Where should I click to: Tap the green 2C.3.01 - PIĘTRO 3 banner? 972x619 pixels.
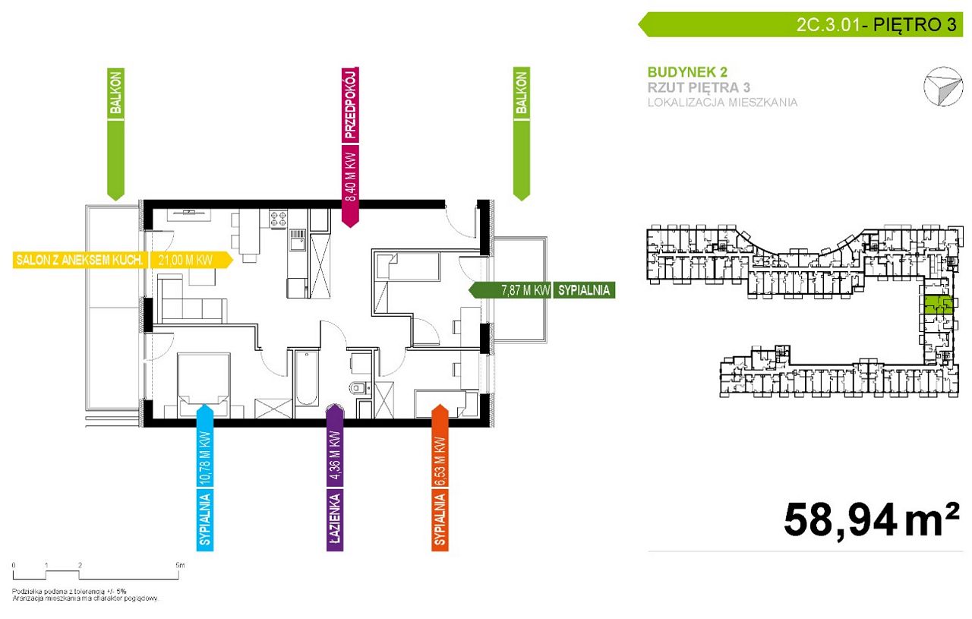[x=800, y=24]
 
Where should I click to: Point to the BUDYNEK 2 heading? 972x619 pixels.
[x=687, y=72]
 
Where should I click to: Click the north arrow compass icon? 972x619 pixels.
[x=943, y=87]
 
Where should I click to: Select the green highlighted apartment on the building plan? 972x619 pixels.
[x=939, y=305]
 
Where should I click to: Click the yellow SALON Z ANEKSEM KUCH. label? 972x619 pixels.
[x=80, y=261]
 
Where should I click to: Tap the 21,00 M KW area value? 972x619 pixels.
[x=186, y=261]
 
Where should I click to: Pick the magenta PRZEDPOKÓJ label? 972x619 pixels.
[x=350, y=105]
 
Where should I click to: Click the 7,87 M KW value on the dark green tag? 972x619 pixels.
[x=525, y=290]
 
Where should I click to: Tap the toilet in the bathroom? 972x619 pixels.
[x=358, y=387]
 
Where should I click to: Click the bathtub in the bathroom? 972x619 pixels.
[x=306, y=377]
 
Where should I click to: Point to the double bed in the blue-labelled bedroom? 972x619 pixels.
[x=204, y=381]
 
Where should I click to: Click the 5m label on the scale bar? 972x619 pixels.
[x=180, y=565]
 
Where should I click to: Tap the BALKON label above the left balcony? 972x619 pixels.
[x=116, y=92]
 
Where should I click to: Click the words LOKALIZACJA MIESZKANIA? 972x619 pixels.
[x=722, y=103]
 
